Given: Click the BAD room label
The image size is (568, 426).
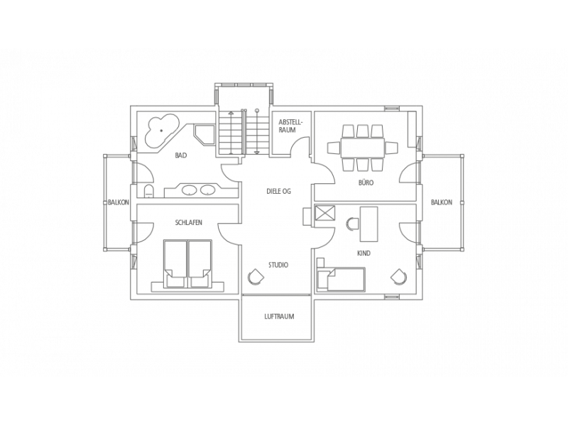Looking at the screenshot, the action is pyautogui.click(x=181, y=155).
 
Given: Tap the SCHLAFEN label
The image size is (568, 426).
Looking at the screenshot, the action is pyautogui.click(x=188, y=222).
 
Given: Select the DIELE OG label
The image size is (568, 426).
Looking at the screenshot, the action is pyautogui.click(x=278, y=191).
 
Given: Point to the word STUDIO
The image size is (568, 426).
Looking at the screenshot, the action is pyautogui.click(x=278, y=265).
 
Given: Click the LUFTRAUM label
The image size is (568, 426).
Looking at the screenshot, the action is pyautogui.click(x=279, y=316).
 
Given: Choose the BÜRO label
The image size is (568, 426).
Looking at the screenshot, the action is pyautogui.click(x=365, y=182).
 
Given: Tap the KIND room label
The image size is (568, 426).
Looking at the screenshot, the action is pyautogui.click(x=364, y=253).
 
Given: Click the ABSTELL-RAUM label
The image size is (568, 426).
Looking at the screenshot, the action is pyautogui.click(x=290, y=126).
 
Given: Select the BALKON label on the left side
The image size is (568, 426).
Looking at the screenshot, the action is pyautogui.click(x=119, y=202).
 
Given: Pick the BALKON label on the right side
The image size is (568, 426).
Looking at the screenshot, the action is pyautogui.click(x=442, y=202).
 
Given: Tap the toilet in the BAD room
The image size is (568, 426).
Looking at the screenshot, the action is pyautogui.click(x=148, y=191).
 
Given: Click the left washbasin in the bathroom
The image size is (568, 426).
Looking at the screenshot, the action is pyautogui.click(x=188, y=190).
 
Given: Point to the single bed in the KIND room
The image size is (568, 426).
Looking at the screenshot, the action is pyautogui.click(x=341, y=278).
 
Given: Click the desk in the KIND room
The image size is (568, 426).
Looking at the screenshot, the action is pyautogui.click(x=368, y=224).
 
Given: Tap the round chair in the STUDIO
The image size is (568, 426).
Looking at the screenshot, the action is pyautogui.click(x=256, y=277).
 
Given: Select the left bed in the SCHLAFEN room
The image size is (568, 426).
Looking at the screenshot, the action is pyautogui.click(x=175, y=264).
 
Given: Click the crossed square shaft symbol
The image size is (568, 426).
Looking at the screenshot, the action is pyautogui.click(x=325, y=212).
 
